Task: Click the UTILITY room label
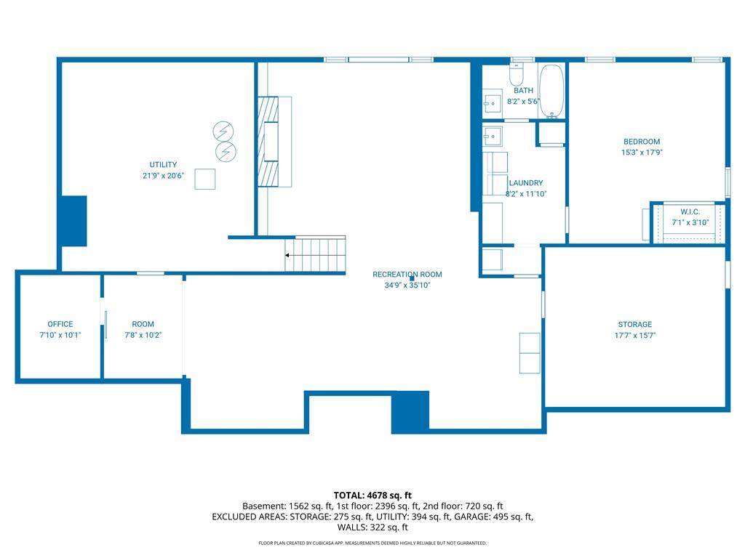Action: point(163,165)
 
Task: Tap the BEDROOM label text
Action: point(642,142)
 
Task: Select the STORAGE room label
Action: point(634,325)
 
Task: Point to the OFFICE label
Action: point(60,324)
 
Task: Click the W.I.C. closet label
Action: point(690,211)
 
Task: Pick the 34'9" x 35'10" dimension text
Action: point(407,285)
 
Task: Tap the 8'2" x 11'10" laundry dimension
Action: point(526,193)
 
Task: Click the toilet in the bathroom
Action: point(516,73)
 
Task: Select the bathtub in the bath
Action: point(551,91)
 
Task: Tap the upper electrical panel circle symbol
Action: point(223,131)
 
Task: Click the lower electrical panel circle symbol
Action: point(226,151)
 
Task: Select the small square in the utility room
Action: point(204,179)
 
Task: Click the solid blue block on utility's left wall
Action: point(74,221)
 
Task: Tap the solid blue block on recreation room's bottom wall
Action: point(410,411)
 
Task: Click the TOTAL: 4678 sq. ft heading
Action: point(372,496)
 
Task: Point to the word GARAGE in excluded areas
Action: point(473,517)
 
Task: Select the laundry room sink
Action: point(493,136)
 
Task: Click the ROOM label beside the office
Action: point(143,324)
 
